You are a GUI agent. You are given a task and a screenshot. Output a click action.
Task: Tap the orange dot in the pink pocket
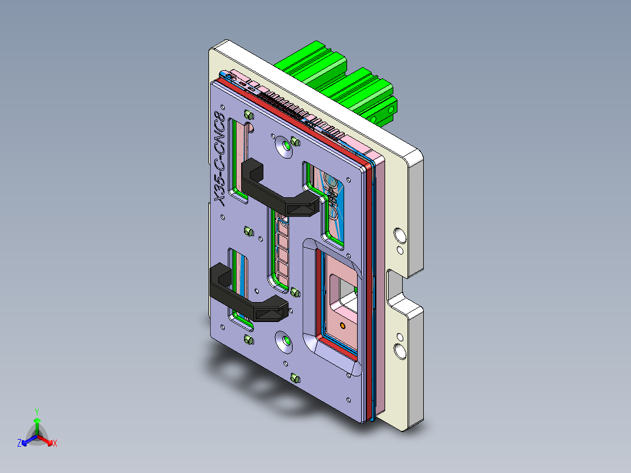(342, 324)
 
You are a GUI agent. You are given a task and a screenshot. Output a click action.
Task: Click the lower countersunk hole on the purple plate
(284, 341)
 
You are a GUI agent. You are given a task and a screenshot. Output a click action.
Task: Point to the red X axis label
(55, 444)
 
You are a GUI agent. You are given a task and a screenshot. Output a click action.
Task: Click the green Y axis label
(36, 412)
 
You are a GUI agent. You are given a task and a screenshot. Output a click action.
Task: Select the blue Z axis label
(19, 444)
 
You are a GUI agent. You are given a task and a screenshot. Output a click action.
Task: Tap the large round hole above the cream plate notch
(400, 235)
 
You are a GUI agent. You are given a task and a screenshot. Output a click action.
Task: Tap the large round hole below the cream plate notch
(400, 351)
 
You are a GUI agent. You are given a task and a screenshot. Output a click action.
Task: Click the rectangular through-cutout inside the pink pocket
(343, 292)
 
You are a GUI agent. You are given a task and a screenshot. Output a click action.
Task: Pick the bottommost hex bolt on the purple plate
(294, 378)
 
